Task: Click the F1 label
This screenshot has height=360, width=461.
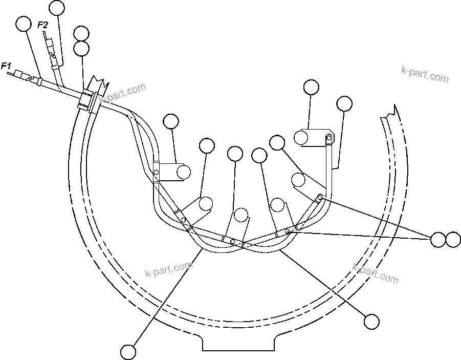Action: [6, 65]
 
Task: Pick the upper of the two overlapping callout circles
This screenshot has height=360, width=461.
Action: [81, 34]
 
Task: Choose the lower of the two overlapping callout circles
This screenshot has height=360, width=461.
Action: [81, 49]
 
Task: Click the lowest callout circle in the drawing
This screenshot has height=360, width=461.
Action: [128, 352]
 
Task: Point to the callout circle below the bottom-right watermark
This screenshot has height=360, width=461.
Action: [371, 322]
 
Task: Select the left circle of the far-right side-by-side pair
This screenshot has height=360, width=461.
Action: [438, 239]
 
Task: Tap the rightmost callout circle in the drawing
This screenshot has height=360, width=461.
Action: [453, 239]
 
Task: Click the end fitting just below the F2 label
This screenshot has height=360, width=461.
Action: [50, 50]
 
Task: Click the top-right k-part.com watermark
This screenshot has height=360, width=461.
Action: [425, 75]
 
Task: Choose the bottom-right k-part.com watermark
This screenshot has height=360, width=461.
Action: [376, 273]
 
